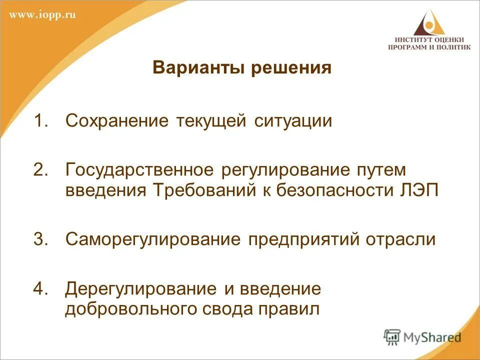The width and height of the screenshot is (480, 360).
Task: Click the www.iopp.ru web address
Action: click(x=42, y=14)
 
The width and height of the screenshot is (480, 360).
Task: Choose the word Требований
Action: click(x=205, y=191)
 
